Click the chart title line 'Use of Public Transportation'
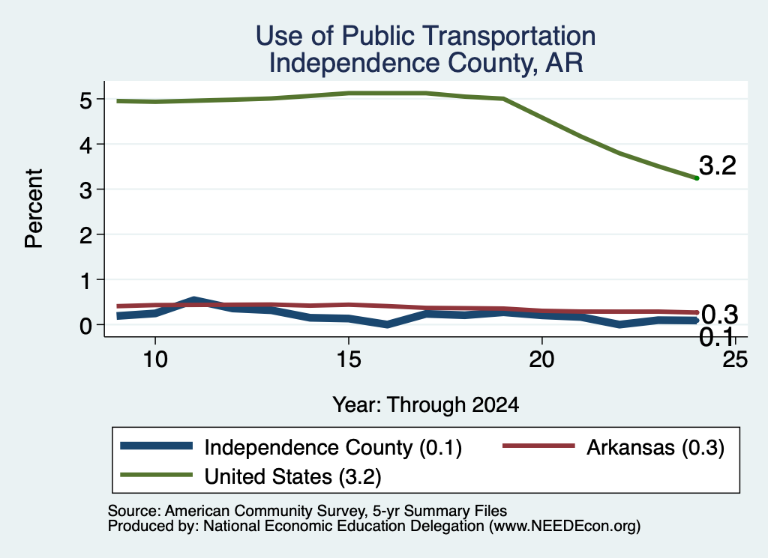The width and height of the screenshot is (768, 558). pyautogui.click(x=425, y=36)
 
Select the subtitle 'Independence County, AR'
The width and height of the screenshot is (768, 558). pyautogui.click(x=426, y=63)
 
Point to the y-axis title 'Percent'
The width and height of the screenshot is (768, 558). pyautogui.click(x=34, y=208)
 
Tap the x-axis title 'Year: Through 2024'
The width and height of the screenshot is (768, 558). pyautogui.click(x=425, y=405)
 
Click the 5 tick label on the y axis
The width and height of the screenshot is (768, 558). pyautogui.click(x=85, y=100)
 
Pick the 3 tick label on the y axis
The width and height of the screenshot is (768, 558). pyautogui.click(x=85, y=190)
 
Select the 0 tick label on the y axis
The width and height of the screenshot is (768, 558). pyautogui.click(x=85, y=326)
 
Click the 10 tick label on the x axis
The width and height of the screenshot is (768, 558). pyautogui.click(x=155, y=360)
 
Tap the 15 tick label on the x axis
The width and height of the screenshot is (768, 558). pyautogui.click(x=349, y=360)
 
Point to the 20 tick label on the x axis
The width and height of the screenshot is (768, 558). pyautogui.click(x=541, y=360)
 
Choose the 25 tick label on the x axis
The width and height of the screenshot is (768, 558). pyautogui.click(x=735, y=360)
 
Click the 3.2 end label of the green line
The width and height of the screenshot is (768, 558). pyautogui.click(x=718, y=166)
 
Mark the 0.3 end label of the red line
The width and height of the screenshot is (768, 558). pyautogui.click(x=719, y=315)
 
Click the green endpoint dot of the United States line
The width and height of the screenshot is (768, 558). pyautogui.click(x=697, y=178)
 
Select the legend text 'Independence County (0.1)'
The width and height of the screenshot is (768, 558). pyautogui.click(x=333, y=447)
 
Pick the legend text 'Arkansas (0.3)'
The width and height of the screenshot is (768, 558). pyautogui.click(x=655, y=447)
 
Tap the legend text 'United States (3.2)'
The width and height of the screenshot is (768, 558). pyautogui.click(x=293, y=476)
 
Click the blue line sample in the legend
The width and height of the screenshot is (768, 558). pyautogui.click(x=156, y=446)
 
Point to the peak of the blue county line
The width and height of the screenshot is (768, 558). pyautogui.click(x=194, y=300)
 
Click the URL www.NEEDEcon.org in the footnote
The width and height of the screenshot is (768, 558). pyautogui.click(x=565, y=526)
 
